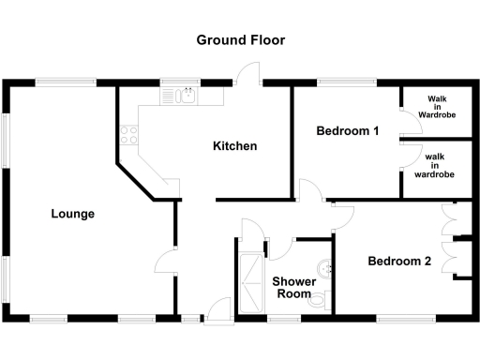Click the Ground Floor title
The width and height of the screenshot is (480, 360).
point(240,40)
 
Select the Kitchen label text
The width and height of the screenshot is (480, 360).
point(234,146)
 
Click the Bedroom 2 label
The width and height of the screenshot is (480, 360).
point(398,262)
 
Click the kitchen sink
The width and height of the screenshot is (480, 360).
point(187,94)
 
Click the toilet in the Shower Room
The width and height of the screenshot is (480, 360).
point(322,299)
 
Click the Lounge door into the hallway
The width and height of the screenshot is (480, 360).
point(165,260)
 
